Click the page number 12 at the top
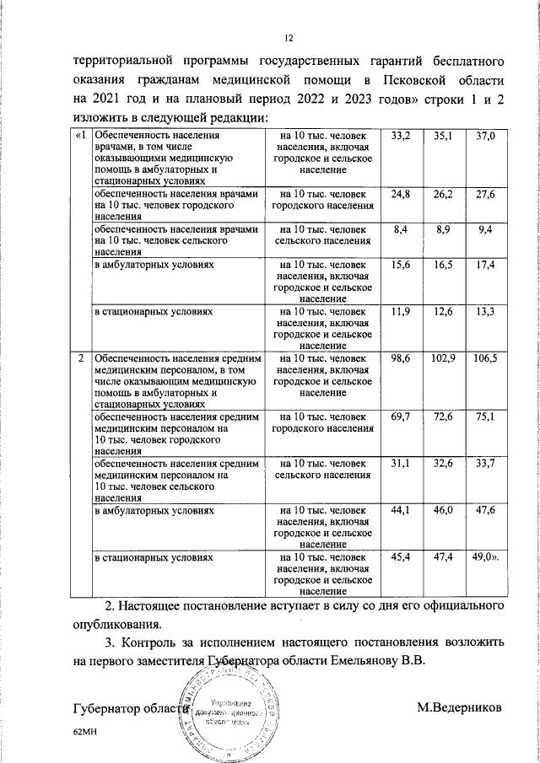click(x=288, y=38)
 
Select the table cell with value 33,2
click(x=402, y=136)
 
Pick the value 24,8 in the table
click(x=402, y=195)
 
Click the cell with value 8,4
click(x=402, y=229)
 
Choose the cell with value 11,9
click(x=402, y=312)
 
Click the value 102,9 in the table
click(x=443, y=359)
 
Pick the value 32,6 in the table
click(x=443, y=465)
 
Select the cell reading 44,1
click(x=402, y=511)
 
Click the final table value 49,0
click(x=485, y=558)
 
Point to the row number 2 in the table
click(x=80, y=359)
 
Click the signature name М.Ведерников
click(x=459, y=707)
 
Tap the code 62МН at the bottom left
click(x=86, y=734)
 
